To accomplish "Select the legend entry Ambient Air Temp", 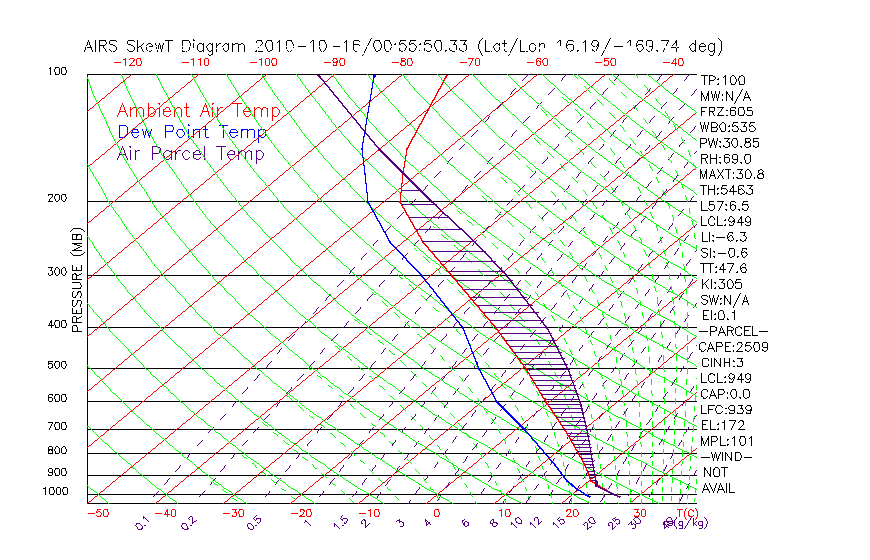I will pos(198,111).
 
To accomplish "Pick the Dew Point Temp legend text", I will pos(192,132).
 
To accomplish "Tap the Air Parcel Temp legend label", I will pos(190,153).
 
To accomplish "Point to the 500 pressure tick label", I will pos(57,366).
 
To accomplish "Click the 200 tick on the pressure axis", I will pos(57,199).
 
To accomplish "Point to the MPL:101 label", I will pos(727,441).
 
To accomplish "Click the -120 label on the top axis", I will pos(127,61).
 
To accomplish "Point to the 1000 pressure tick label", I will pos(54,491).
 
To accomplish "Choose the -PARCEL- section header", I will pos(733,331).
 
